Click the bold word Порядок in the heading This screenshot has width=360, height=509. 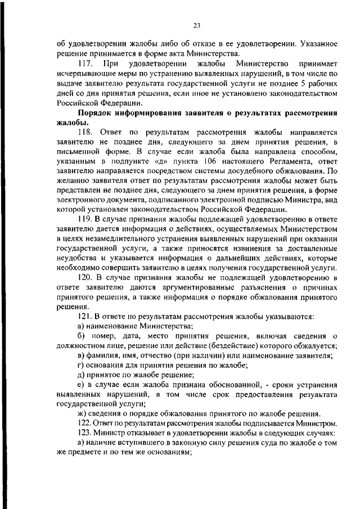[96, 112]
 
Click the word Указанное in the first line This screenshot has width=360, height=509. [317, 42]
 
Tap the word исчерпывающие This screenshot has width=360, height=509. [85, 73]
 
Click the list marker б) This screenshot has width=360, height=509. [81, 336]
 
